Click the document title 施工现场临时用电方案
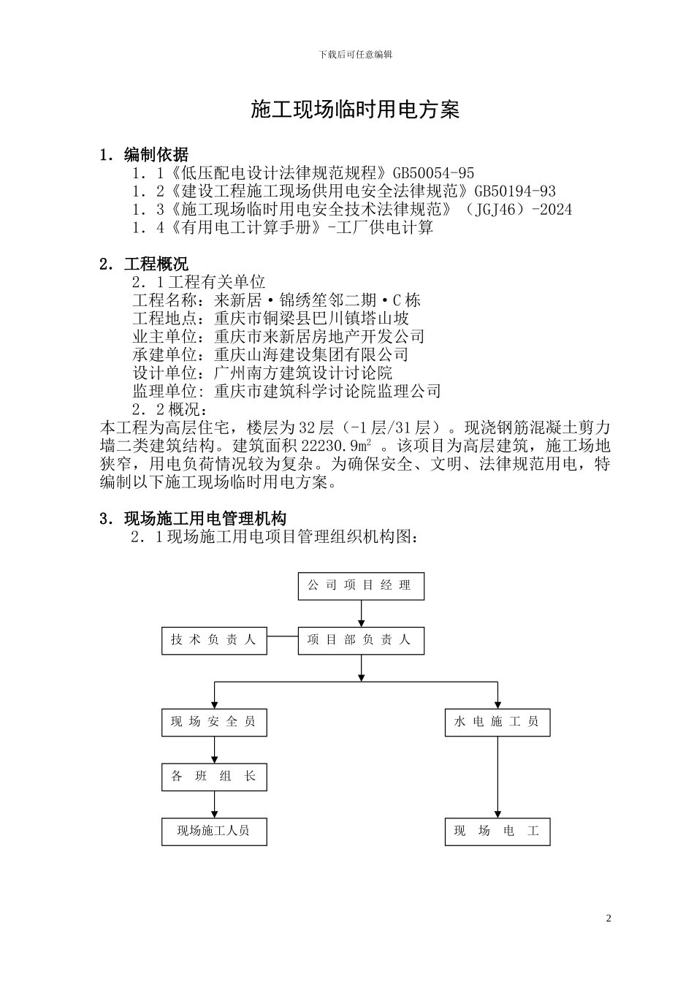click(x=355, y=110)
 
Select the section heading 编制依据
click(x=156, y=155)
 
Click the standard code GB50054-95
click(x=433, y=173)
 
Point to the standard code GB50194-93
click(x=515, y=191)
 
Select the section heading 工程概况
click(x=156, y=264)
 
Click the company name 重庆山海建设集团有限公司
click(x=311, y=355)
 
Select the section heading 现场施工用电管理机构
click(x=205, y=519)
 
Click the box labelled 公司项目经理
click(x=361, y=586)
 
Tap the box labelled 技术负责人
click(x=214, y=640)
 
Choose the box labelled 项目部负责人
click(x=361, y=640)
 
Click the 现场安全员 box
click(x=214, y=722)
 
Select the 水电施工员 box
click(x=497, y=722)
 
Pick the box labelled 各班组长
click(x=214, y=777)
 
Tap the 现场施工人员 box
click(x=214, y=831)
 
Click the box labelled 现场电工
click(x=497, y=831)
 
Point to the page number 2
click(x=609, y=918)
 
